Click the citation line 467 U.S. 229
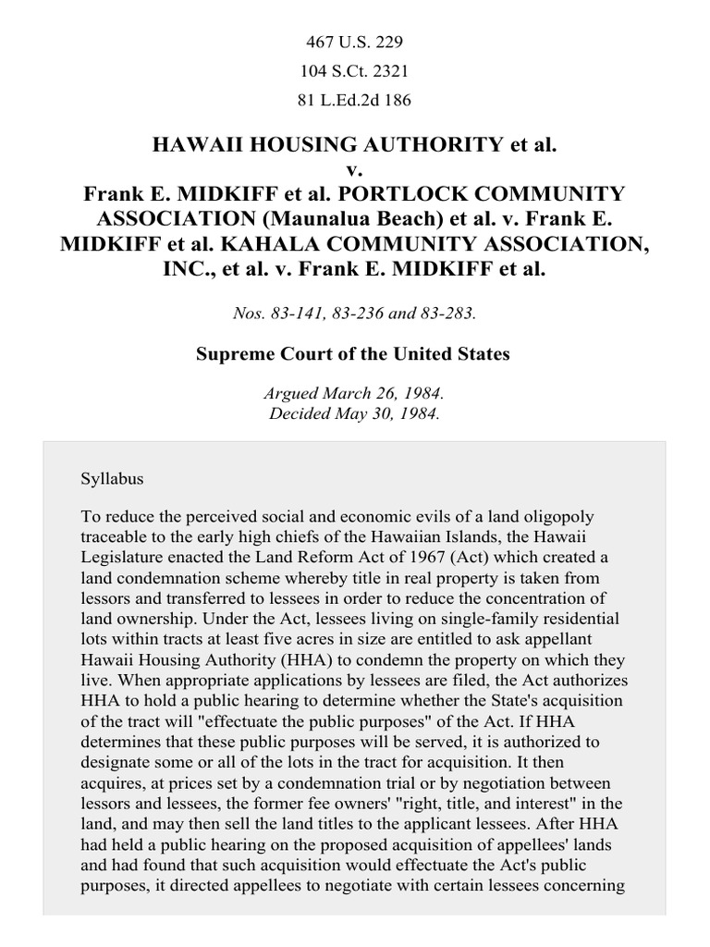pyautogui.click(x=354, y=43)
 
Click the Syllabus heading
pyautogui.click(x=113, y=480)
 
